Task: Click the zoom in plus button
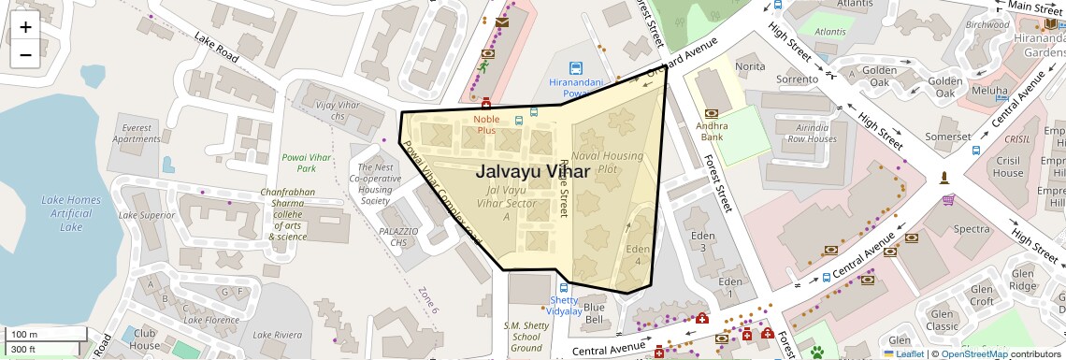click(25, 27)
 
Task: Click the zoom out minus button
click(25, 54)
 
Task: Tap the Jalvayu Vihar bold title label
click(533, 172)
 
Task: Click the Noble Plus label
click(486, 124)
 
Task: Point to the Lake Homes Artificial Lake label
click(70, 213)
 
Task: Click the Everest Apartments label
click(137, 134)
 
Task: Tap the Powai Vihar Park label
click(306, 163)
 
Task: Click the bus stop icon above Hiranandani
click(576, 68)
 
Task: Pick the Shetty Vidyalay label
click(564, 305)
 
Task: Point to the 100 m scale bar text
click(23, 335)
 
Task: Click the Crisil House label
click(1008, 166)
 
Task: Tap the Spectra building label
click(972, 229)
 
